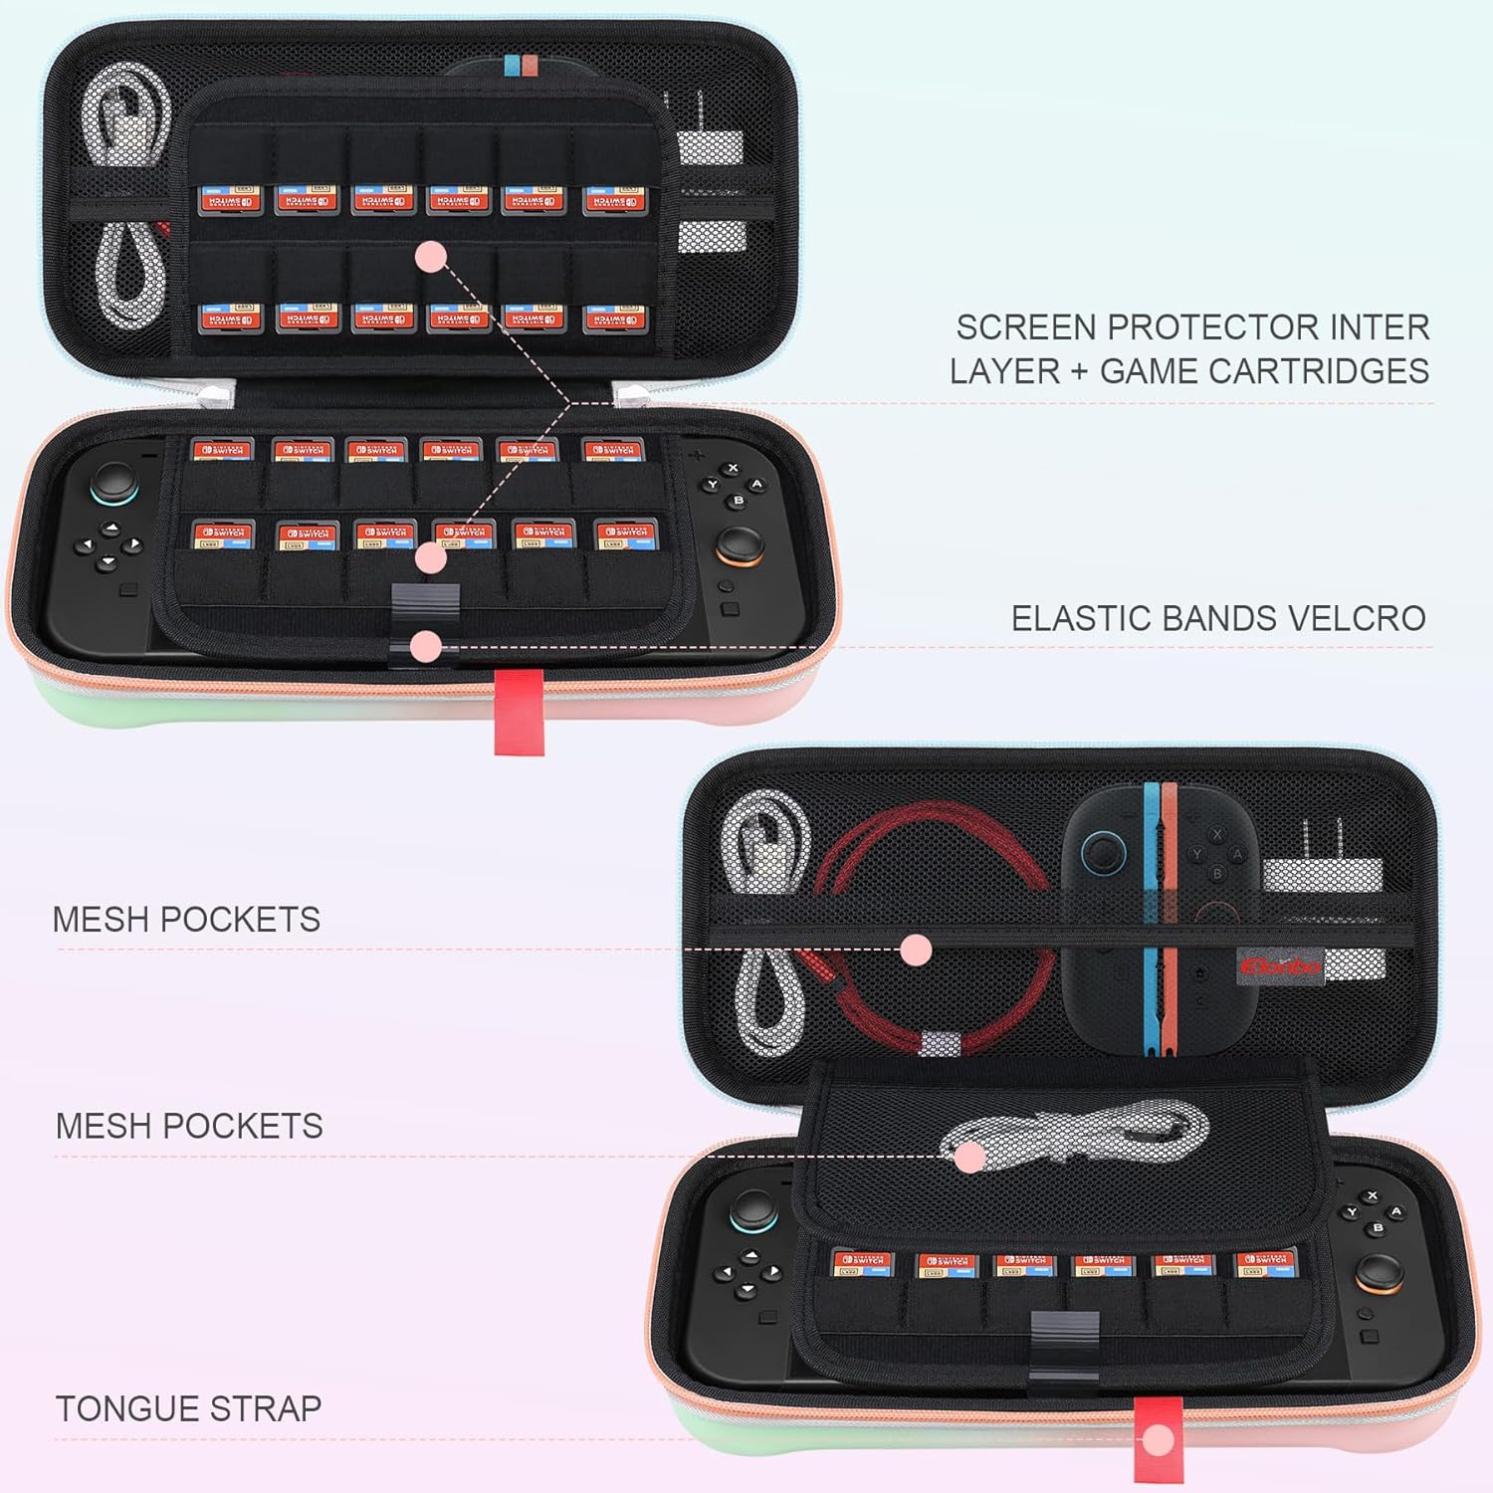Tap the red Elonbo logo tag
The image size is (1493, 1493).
click(1279, 965)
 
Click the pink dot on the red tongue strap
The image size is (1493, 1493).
click(1158, 1439)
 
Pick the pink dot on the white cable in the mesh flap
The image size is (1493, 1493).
click(967, 1157)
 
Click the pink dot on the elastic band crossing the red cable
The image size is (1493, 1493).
click(916, 950)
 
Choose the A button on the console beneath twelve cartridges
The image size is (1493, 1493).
click(757, 485)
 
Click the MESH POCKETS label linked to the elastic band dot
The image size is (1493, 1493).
click(186, 919)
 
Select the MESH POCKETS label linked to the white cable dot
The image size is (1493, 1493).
click(189, 1126)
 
